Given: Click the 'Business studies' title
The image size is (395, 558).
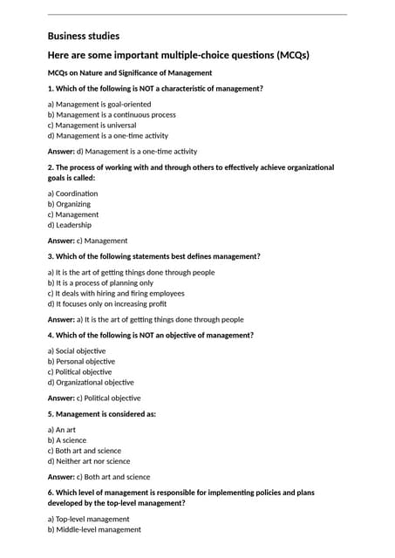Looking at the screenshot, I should pos(83,36).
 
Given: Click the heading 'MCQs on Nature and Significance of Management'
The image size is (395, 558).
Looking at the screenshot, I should pos(129,72).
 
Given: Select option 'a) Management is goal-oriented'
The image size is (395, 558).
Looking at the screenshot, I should pos(99,104).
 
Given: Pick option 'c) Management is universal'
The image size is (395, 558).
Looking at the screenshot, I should pos(93,125).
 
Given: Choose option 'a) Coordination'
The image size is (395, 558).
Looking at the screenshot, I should pos(72,193).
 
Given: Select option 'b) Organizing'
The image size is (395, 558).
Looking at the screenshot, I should pos(69,203).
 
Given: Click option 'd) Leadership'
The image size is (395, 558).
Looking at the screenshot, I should pos(69,224).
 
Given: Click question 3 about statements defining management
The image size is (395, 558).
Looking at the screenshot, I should pos(153,256).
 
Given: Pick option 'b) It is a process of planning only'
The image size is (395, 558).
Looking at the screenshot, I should pos(100,282).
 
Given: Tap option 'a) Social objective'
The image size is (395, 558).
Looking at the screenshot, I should pos(76,350).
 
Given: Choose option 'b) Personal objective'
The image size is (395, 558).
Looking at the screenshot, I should pos(81,361).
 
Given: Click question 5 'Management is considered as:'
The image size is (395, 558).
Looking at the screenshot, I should pos(102,413).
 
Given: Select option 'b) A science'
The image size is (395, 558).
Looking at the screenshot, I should pos(67,440).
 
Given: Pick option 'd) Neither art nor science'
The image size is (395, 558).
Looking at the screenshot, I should pos(88,461).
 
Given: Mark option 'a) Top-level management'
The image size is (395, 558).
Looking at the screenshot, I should pos(88,519).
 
